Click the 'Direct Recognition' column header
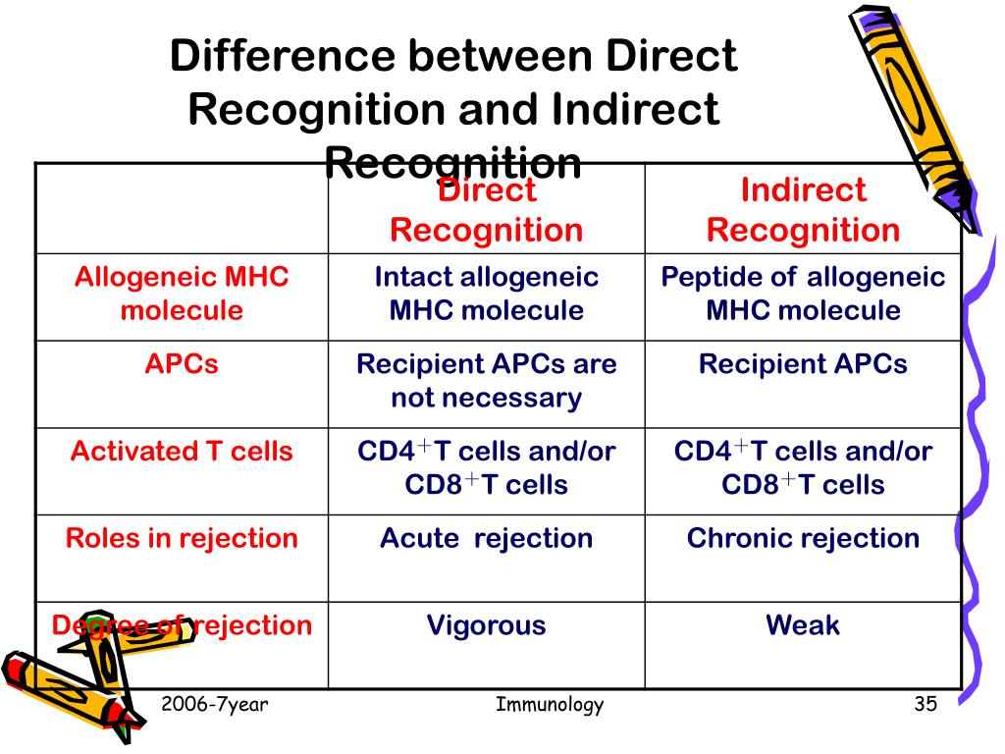click(x=486, y=211)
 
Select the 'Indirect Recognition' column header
click(x=803, y=210)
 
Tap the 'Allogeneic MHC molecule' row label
click(x=182, y=294)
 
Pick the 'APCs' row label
click(x=182, y=365)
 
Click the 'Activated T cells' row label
click(x=182, y=452)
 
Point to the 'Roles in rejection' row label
click(x=182, y=538)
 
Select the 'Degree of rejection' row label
click(x=182, y=625)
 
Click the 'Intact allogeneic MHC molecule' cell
click(x=486, y=294)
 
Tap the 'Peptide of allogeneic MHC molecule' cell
click(x=803, y=294)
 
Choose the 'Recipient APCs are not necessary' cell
click(x=486, y=381)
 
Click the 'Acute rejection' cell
click(x=486, y=538)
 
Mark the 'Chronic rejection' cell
click(x=803, y=538)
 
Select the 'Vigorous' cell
click(x=486, y=625)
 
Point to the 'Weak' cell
click(x=803, y=625)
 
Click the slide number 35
click(x=926, y=704)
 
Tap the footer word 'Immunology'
click(x=550, y=704)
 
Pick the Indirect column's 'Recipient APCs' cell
click(x=803, y=365)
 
